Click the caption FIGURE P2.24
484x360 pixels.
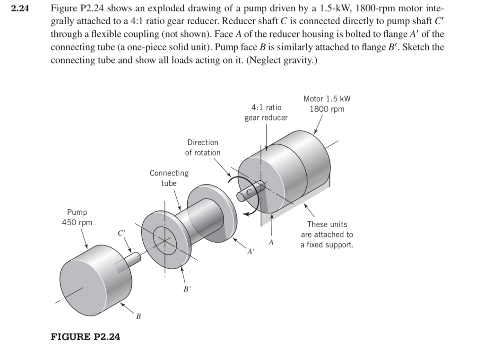85,337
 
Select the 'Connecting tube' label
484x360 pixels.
169,178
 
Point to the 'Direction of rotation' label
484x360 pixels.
202,147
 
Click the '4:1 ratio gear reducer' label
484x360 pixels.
266,113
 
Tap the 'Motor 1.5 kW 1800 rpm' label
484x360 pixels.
327,104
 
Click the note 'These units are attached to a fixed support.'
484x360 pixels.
327,235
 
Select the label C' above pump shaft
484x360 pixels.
122,233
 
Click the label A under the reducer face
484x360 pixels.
271,242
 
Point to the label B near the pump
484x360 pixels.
138,316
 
